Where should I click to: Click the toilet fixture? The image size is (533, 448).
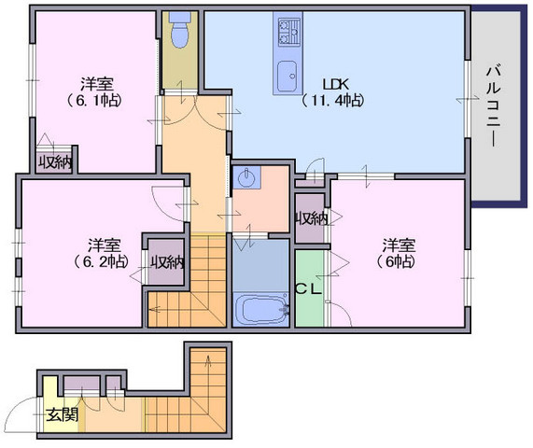coord(180,30)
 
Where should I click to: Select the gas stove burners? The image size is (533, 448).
coord(289,33)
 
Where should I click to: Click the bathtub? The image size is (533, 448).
coord(260,309)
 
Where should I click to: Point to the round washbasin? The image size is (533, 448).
coord(245,177)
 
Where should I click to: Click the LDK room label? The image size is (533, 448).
coord(335,84)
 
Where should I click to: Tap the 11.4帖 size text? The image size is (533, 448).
coord(333,100)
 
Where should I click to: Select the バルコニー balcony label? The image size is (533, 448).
coord(494,105)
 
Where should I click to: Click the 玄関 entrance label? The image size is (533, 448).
coord(63,414)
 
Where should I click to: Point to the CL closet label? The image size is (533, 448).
coord(308,289)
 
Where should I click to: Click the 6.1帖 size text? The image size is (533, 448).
coord(93,100)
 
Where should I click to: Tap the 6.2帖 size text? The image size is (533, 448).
coord(101,261)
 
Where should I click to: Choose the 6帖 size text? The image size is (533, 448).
coord(396,261)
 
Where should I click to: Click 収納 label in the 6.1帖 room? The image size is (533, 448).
coord(55,163)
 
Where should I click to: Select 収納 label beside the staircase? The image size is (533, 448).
coord(167,262)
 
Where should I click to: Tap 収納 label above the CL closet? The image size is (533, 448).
coord(311,218)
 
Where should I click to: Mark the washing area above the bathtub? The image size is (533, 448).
coord(260,266)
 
